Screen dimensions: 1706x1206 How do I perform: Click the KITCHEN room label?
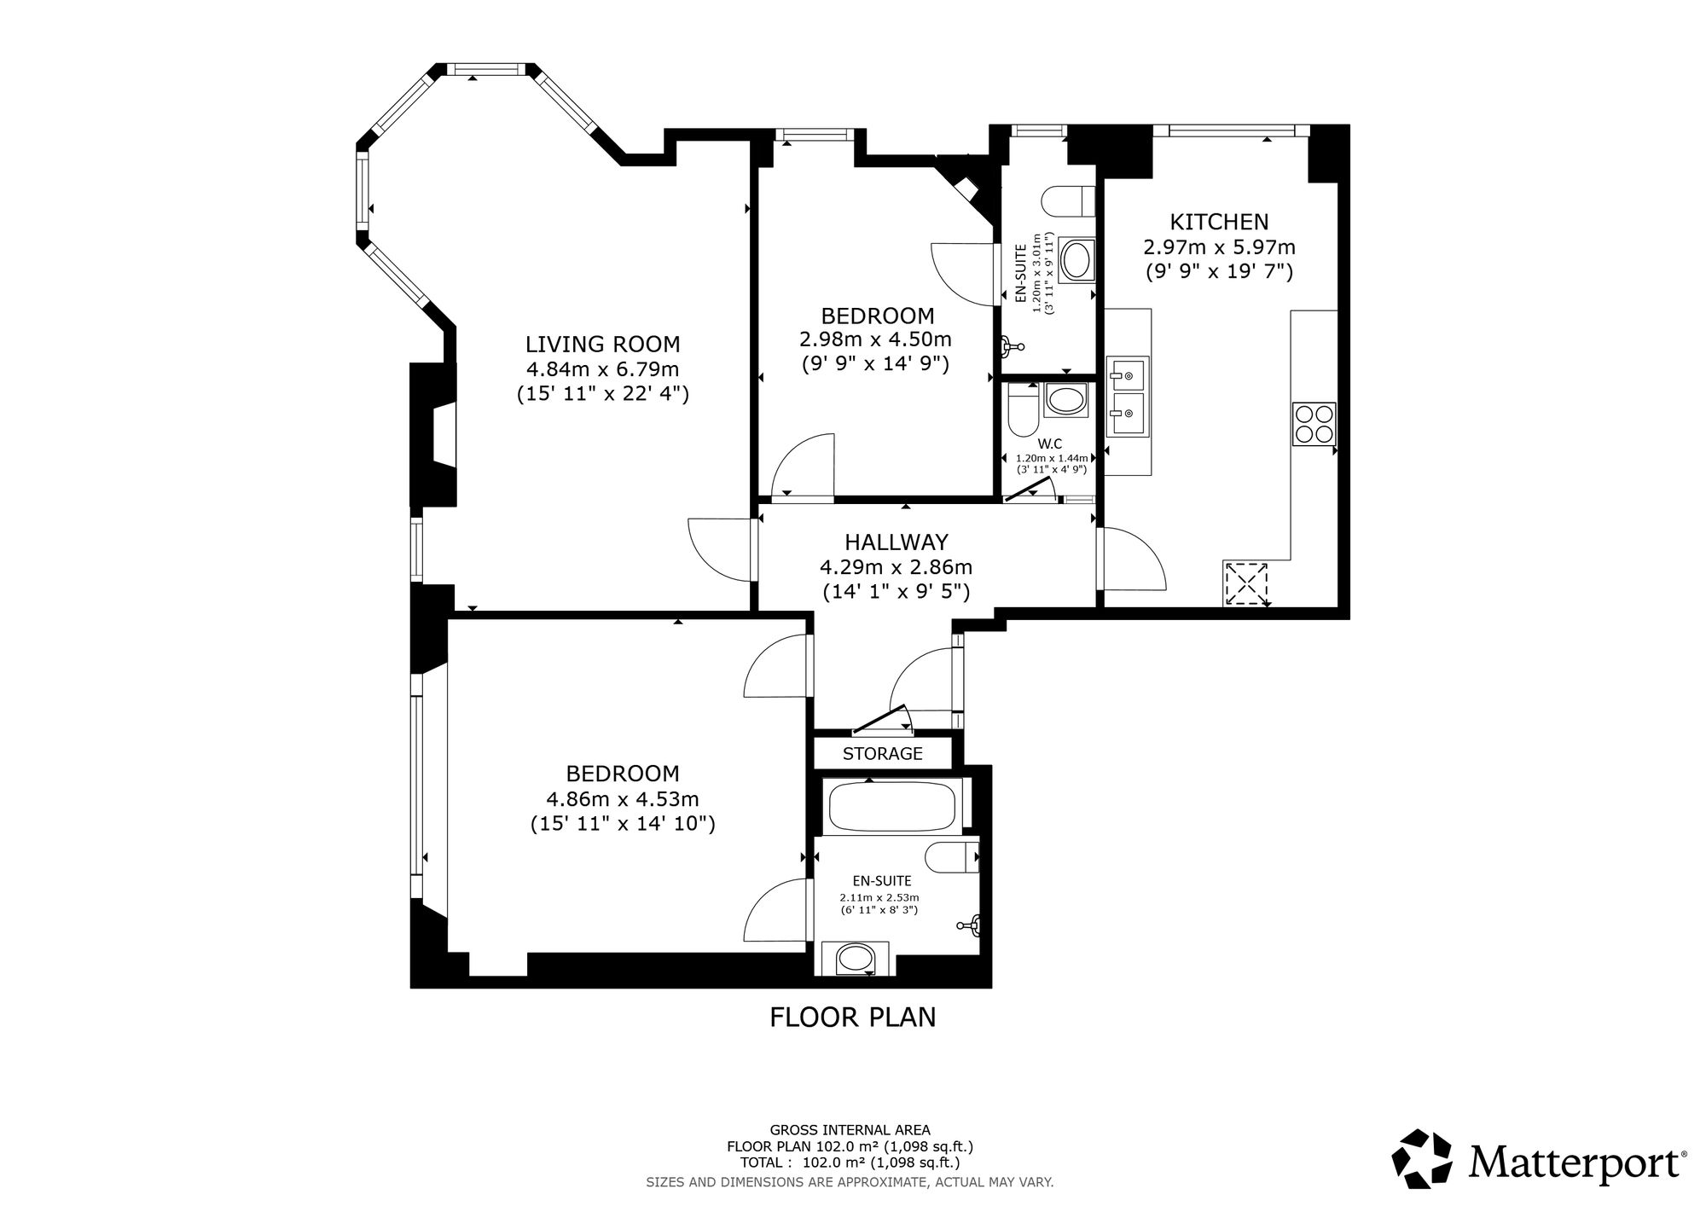coord(1219,222)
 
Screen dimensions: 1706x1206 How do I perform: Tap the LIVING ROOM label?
coord(602,345)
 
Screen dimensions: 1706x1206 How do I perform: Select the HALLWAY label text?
coord(897,542)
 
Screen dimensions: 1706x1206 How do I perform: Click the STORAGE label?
coord(883,754)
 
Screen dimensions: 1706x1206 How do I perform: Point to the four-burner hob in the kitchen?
coord(1314,424)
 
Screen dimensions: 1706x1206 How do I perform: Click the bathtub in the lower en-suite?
coord(893,806)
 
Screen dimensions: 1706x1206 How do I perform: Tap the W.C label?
coord(1049,444)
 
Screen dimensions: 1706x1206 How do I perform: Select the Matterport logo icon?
coord(1422,1159)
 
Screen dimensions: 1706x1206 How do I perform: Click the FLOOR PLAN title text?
coord(853,1018)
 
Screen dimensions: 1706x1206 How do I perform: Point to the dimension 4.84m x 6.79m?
coord(602,369)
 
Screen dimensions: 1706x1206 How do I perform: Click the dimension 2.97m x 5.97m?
coord(1219,247)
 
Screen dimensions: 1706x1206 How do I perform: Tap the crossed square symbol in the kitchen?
coord(1247,583)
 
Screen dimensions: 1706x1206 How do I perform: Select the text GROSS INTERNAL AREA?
coord(850,1130)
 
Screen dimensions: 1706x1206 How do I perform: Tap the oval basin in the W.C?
coord(1065,401)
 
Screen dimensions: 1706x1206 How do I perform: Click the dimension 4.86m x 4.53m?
coord(623,799)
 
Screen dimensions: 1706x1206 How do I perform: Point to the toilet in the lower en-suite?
coord(952,857)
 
